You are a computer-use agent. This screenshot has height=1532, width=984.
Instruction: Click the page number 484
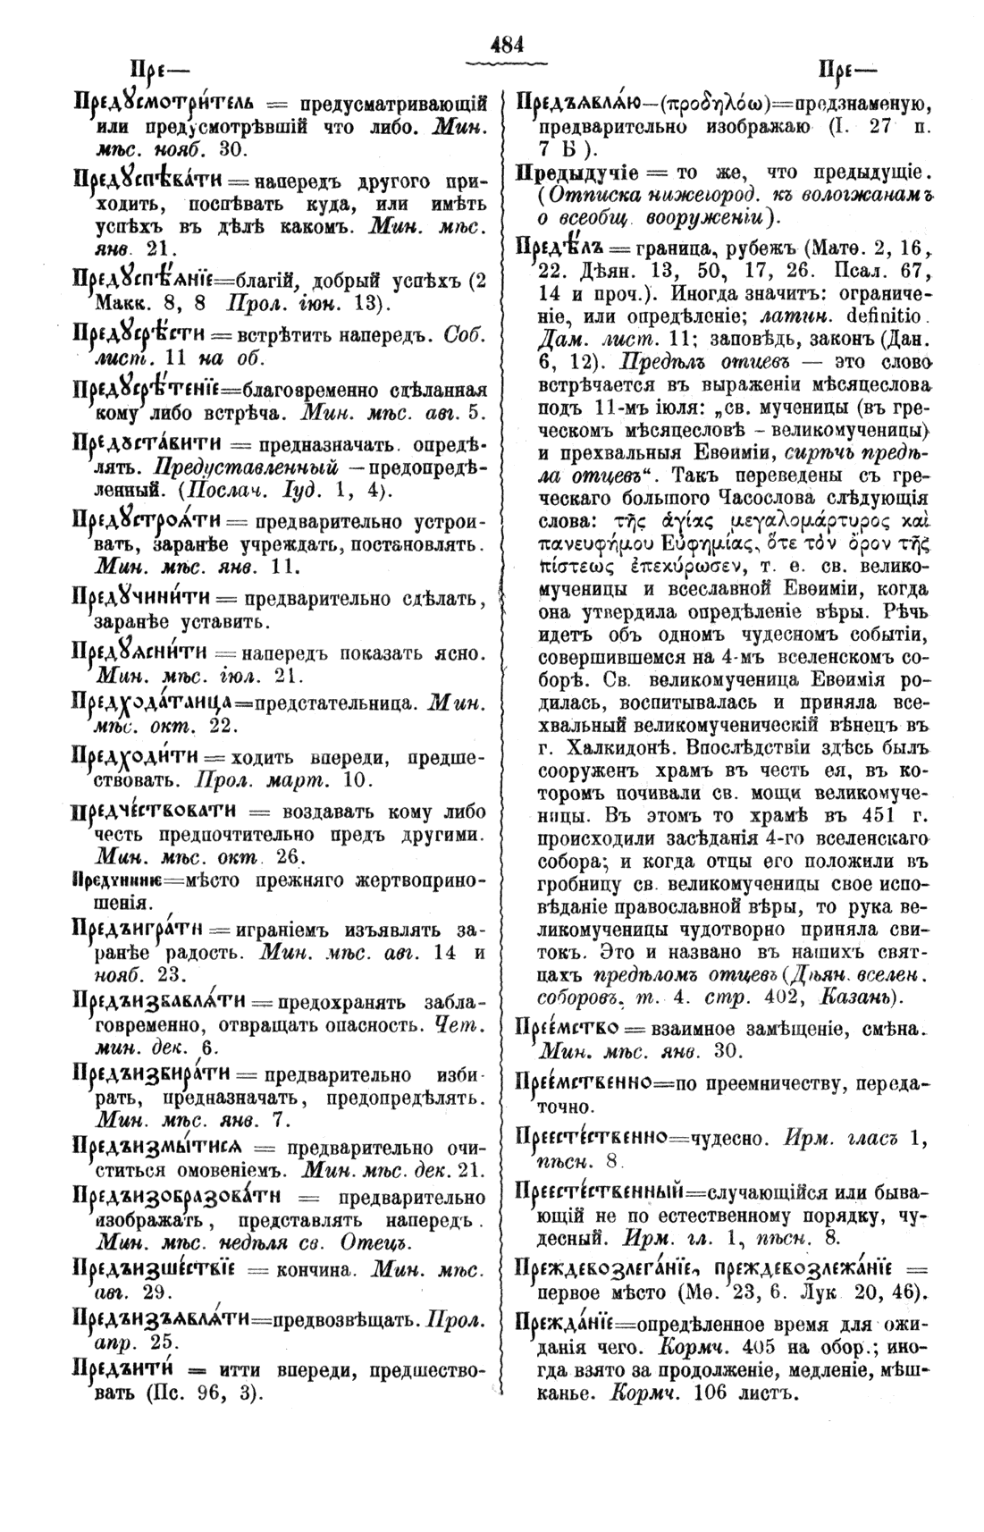coord(505,44)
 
